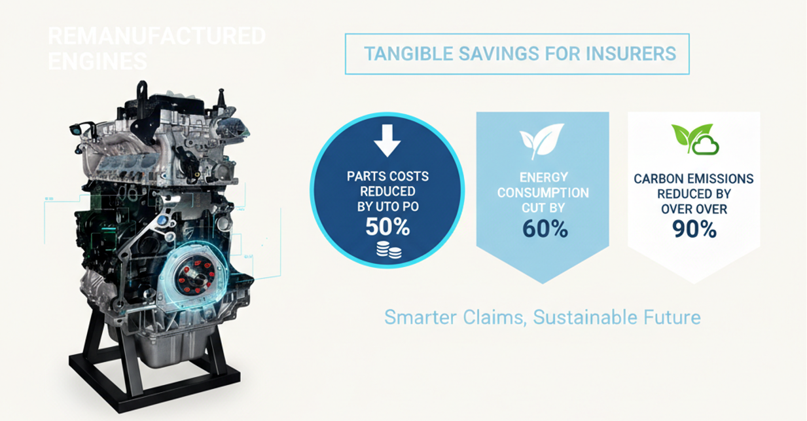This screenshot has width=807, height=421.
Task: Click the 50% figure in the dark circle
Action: click(387, 227)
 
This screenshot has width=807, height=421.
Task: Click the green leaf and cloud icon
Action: click(694, 139)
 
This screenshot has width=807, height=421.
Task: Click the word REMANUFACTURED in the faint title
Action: click(157, 35)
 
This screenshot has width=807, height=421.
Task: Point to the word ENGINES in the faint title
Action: click(97, 61)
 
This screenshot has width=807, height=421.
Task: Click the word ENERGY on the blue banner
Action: click(543, 177)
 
